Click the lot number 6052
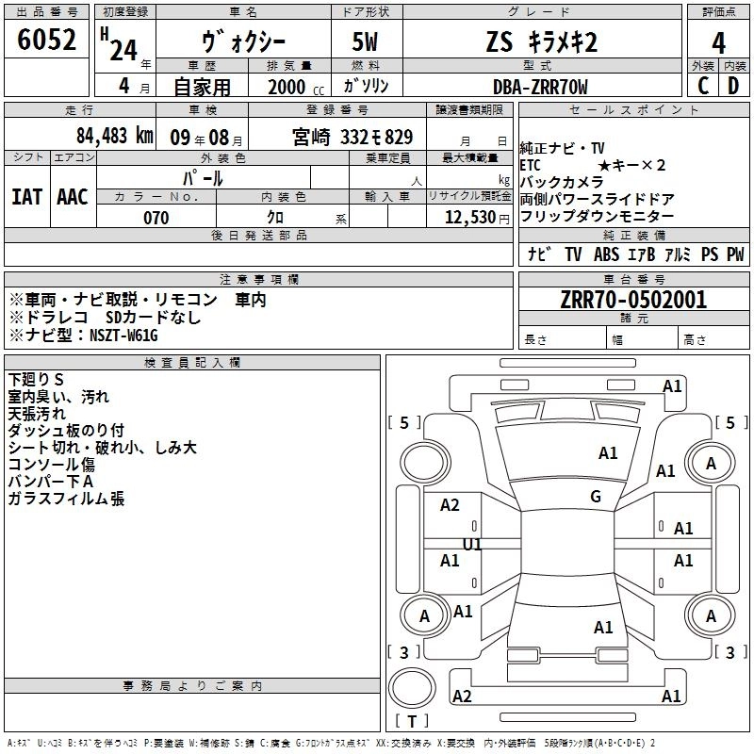tap(47, 41)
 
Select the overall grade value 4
tap(718, 42)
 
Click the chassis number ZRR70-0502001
tap(633, 301)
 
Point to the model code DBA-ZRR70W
tap(540, 87)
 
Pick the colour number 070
tap(156, 218)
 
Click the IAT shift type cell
tap(26, 196)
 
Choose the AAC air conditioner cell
tap(72, 196)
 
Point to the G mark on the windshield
tap(596, 496)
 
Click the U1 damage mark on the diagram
tap(471, 545)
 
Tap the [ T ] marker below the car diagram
tap(412, 722)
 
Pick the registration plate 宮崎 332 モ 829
tap(352, 136)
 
